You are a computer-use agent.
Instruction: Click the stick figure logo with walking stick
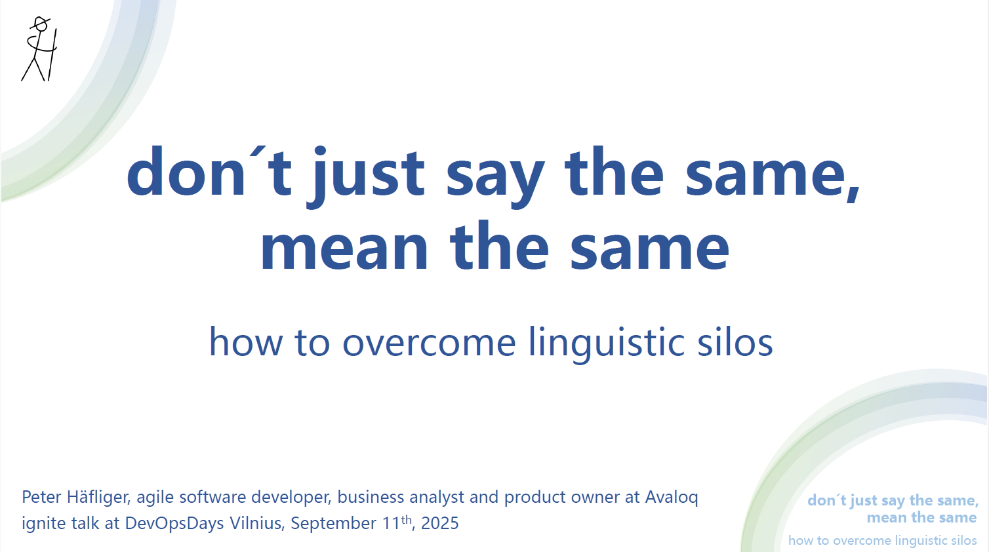tap(39, 50)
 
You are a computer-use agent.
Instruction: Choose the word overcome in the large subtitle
tap(429, 343)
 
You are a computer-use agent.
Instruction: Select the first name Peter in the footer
tap(41, 498)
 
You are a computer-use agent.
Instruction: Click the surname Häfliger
tap(98, 498)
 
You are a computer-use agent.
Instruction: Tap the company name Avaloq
tap(672, 498)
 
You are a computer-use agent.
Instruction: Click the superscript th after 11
tap(407, 519)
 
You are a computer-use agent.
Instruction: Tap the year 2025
tap(440, 524)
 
